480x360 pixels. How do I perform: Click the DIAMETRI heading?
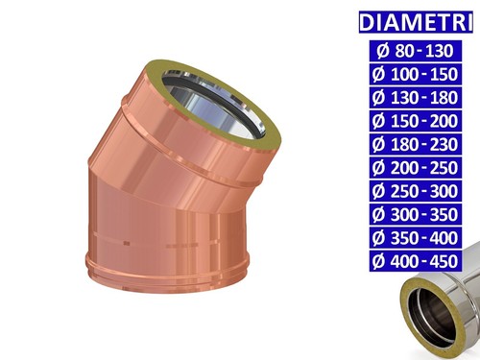click(416, 22)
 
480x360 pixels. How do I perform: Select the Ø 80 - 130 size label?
click(416, 51)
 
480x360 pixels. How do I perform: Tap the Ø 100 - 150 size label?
click(416, 74)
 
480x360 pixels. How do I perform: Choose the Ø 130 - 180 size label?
click(416, 98)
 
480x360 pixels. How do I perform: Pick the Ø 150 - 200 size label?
click(416, 121)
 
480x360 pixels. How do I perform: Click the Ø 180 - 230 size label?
click(416, 144)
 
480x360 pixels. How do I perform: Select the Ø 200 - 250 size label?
click(416, 168)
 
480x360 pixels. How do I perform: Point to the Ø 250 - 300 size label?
click(416, 191)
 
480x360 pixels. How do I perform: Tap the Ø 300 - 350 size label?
click(416, 214)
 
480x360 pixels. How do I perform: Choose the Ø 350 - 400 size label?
click(416, 238)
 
